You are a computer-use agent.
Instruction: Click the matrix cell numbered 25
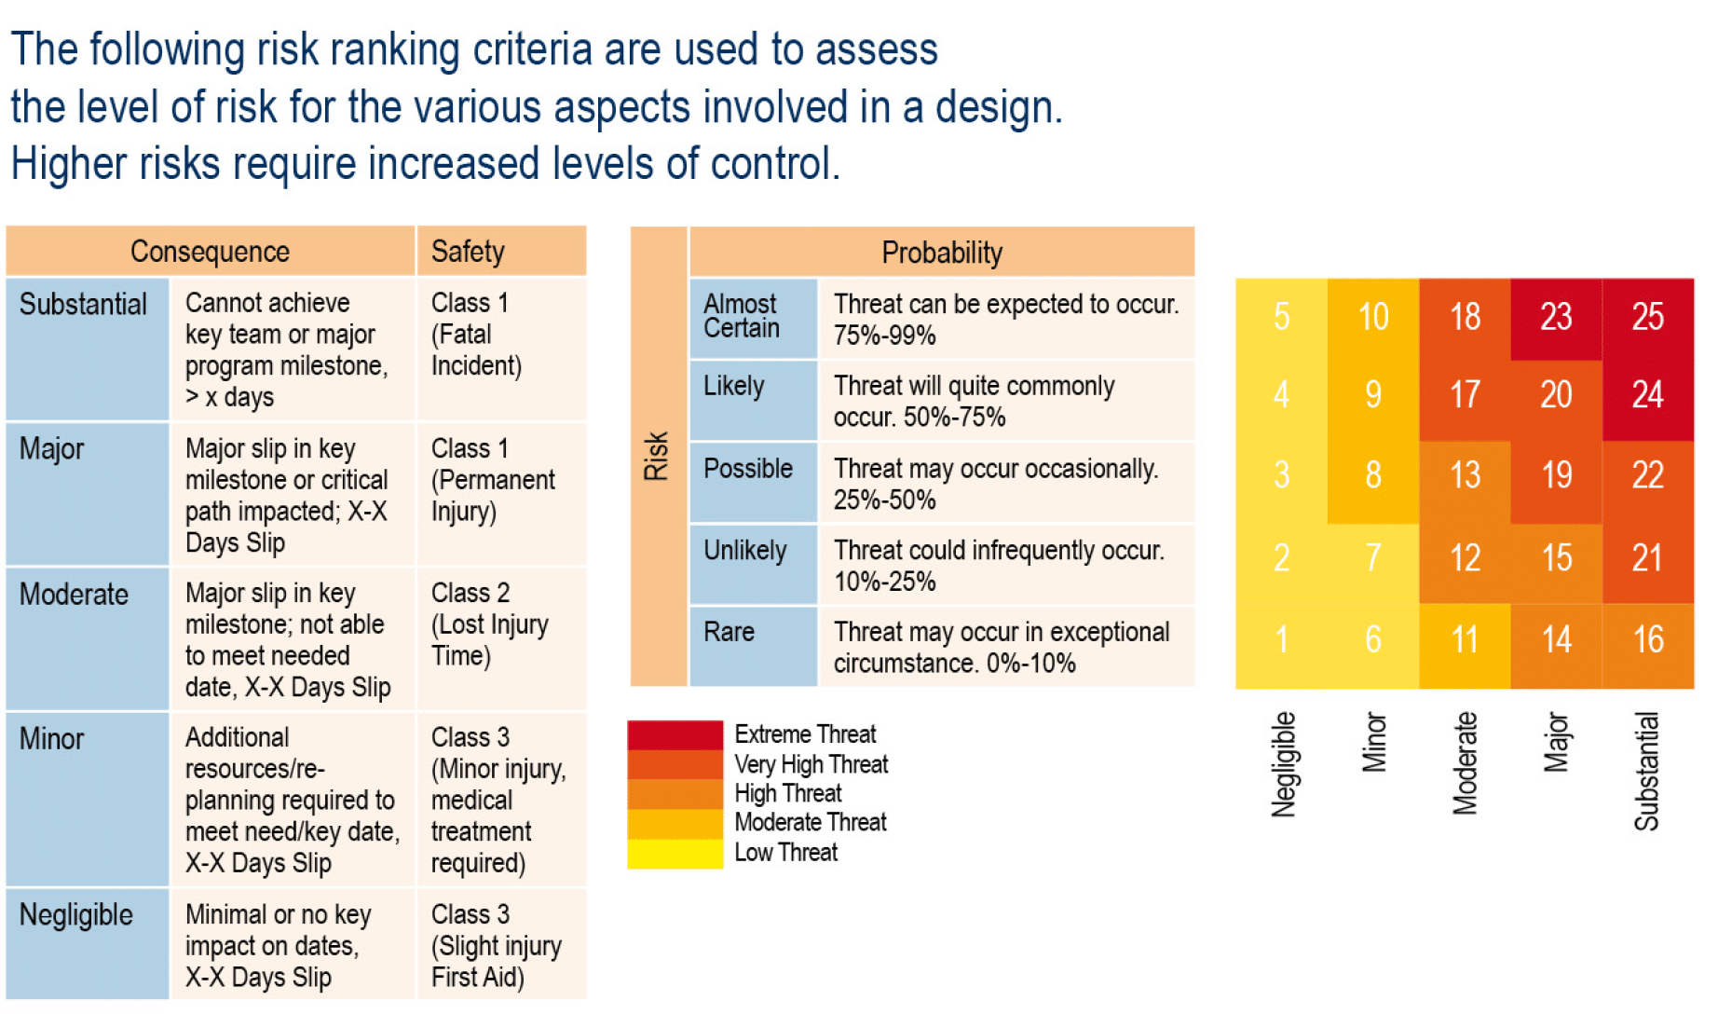pyautogui.click(x=1647, y=317)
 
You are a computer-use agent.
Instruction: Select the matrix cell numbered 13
pyautogui.click(x=1465, y=475)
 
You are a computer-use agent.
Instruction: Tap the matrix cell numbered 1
pyautogui.click(x=1281, y=640)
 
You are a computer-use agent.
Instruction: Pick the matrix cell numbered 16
pyautogui.click(x=1647, y=640)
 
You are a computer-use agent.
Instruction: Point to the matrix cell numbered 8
pyautogui.click(x=1373, y=475)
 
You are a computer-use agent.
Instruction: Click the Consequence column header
pyautogui.click(x=210, y=252)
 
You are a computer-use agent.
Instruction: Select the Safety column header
pyautogui.click(x=501, y=252)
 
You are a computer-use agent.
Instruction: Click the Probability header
pyautogui.click(x=941, y=253)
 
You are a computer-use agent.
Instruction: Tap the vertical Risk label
pyautogui.click(x=658, y=456)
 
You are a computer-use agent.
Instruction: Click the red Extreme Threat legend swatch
pyautogui.click(x=675, y=735)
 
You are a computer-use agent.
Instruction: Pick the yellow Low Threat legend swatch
pyautogui.click(x=675, y=854)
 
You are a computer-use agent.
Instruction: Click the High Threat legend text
pyautogui.click(x=788, y=794)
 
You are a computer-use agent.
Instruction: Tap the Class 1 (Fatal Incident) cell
pyautogui.click(x=501, y=336)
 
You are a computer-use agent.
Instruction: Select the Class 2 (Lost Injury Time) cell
pyautogui.click(x=501, y=624)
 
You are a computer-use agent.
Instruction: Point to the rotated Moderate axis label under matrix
pyautogui.click(x=1465, y=764)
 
